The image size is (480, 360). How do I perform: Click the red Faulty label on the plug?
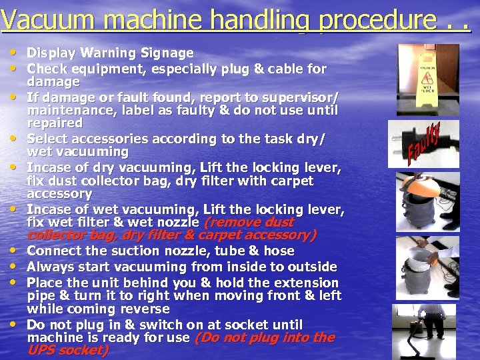coord(424,144)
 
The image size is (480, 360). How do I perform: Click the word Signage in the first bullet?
coord(167,53)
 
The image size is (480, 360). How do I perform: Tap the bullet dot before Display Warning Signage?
coord(13,52)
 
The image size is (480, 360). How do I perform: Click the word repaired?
coord(55,123)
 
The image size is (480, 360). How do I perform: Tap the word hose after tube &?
coord(279,251)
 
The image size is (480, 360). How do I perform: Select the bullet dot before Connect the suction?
coord(13,250)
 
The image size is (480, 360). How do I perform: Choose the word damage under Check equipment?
coord(53,82)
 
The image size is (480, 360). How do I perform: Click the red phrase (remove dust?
coord(249,222)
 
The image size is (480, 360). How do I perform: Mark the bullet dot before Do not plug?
coord(13,324)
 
